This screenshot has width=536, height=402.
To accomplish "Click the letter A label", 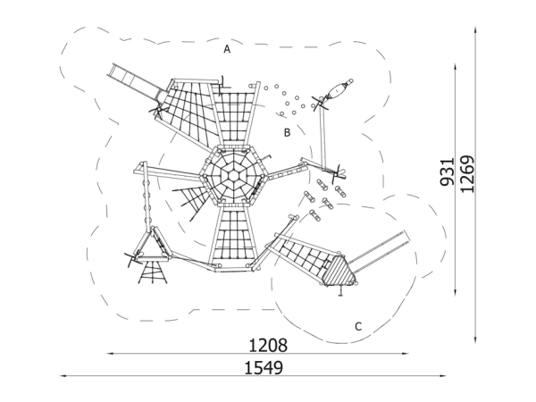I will [x=228, y=50].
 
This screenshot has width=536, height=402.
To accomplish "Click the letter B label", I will [x=287, y=132].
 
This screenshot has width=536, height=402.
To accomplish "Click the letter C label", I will [x=357, y=326].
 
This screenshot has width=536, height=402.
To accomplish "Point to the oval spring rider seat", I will [x=339, y=89].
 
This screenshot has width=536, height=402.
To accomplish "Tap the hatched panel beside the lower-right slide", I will [x=339, y=272].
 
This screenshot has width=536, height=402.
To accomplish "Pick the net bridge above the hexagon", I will [x=231, y=116].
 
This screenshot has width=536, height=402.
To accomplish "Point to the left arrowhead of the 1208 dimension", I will [x=109, y=354].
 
